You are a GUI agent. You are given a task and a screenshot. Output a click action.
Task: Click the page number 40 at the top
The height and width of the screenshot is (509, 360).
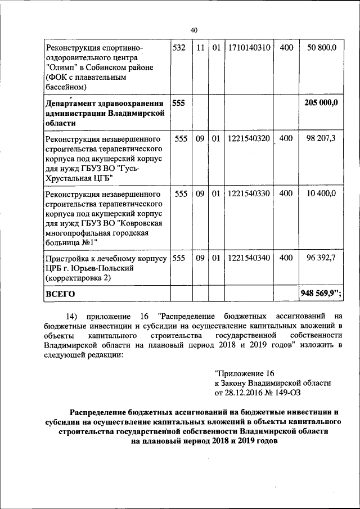pyautogui.click(x=194, y=30)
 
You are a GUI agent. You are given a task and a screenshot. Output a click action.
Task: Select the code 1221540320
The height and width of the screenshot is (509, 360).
pyautogui.click(x=249, y=138)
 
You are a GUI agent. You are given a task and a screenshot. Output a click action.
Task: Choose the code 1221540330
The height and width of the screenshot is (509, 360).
pyautogui.click(x=249, y=193)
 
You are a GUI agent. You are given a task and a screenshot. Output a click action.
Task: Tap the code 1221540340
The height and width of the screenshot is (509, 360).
pyautogui.click(x=249, y=258)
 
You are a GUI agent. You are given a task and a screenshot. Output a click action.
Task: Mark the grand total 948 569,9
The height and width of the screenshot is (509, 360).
pyautogui.click(x=320, y=293)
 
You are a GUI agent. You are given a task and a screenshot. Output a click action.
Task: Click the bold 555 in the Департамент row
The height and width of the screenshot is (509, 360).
pyautogui.click(x=178, y=103)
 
